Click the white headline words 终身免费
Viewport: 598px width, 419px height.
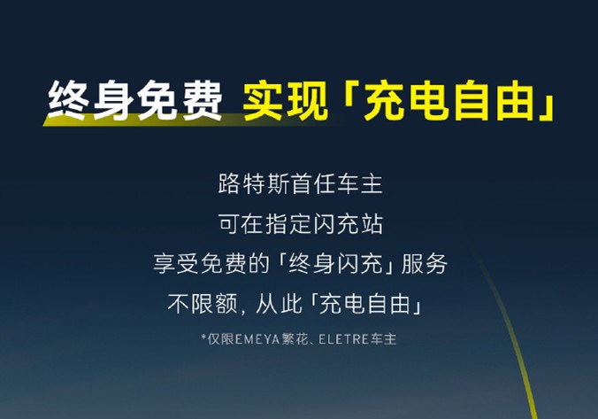point(134,100)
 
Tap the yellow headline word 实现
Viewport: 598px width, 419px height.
point(286,101)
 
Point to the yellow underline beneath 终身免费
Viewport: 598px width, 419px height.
point(183,120)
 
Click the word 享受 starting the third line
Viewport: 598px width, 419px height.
point(175,264)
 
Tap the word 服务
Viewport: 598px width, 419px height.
point(424,264)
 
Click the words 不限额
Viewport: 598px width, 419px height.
point(202,304)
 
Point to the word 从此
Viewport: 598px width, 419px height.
point(278,304)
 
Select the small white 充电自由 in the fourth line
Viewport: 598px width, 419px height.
point(365,304)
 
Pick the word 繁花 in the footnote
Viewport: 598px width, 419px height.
point(295,339)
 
